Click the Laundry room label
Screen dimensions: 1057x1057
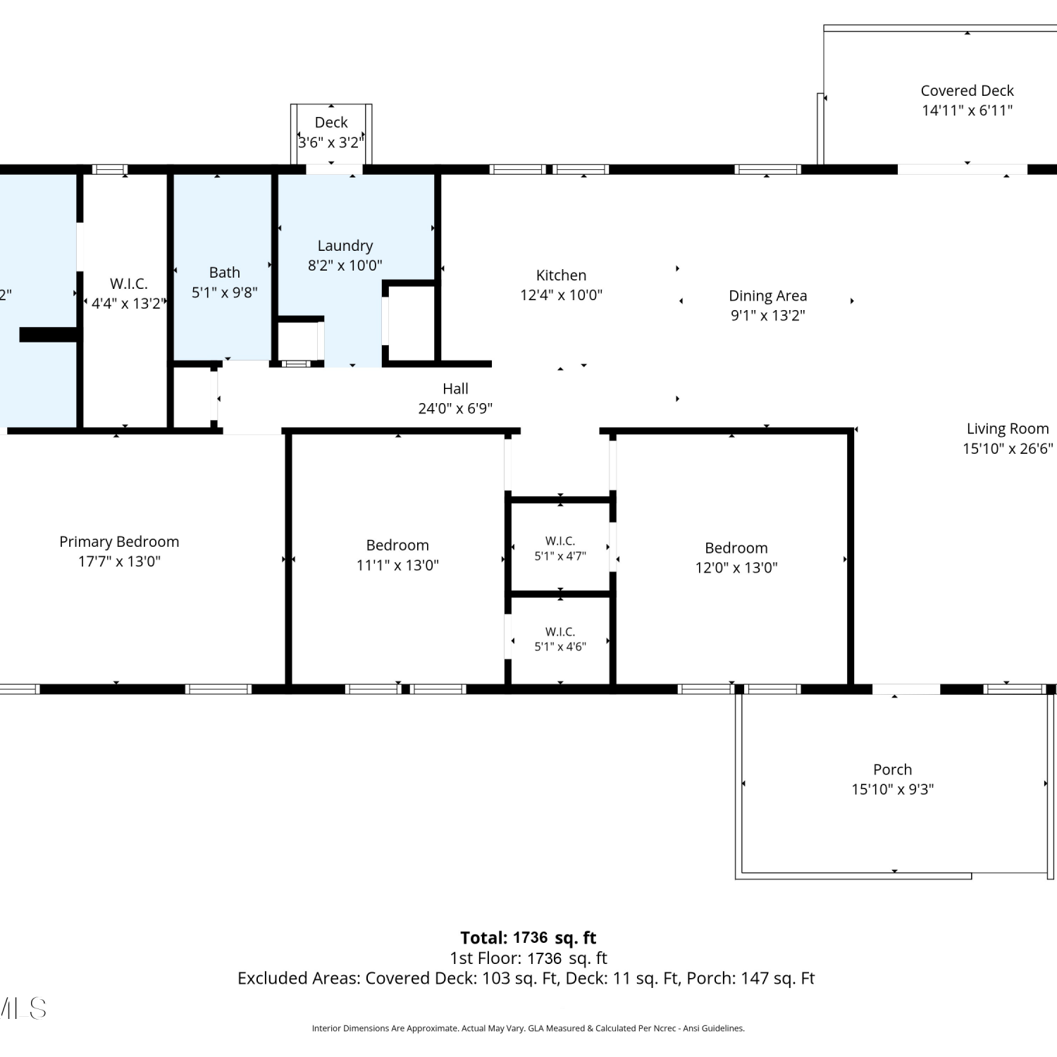click(x=345, y=246)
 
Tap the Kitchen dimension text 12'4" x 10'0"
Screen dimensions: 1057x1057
click(x=561, y=295)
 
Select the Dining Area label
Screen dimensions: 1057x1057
click(x=767, y=296)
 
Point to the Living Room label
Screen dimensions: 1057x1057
click(x=1008, y=428)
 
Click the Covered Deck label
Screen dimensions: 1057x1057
click(x=967, y=90)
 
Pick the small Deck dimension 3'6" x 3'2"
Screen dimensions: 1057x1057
click(x=331, y=142)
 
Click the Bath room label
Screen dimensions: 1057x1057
click(x=225, y=273)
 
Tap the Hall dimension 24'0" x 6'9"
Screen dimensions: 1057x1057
click(x=455, y=409)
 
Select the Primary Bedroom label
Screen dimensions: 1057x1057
click(x=119, y=542)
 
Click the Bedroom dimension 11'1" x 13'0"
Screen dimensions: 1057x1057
click(x=397, y=565)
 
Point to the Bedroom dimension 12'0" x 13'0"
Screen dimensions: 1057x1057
click(x=736, y=568)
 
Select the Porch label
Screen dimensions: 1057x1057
click(x=893, y=769)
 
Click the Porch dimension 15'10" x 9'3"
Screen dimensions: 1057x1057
click(x=893, y=789)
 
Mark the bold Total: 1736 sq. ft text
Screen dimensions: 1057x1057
click(x=528, y=938)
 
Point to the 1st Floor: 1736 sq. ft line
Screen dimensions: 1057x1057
click(x=528, y=958)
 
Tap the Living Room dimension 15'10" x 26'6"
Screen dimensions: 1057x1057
click(x=1008, y=449)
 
